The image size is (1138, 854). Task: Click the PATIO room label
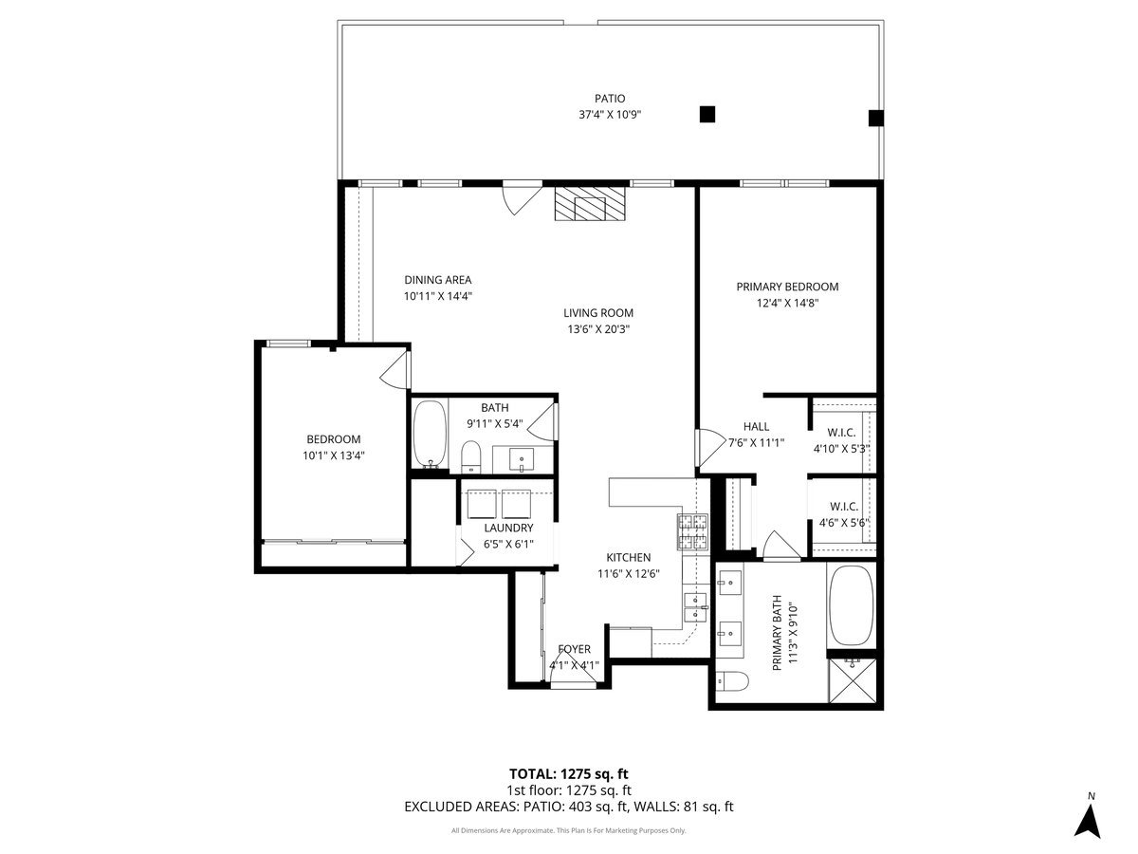(x=610, y=98)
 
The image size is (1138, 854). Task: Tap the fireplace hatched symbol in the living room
(x=592, y=203)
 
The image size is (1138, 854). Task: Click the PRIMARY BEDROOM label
(x=787, y=287)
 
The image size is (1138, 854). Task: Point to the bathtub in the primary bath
(x=852, y=606)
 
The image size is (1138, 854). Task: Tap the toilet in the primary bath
(x=732, y=681)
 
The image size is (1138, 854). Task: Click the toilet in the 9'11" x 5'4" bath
(x=471, y=457)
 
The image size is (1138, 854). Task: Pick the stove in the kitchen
(x=691, y=531)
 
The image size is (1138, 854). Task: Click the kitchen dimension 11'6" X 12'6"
(x=629, y=573)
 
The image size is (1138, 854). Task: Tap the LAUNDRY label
(x=508, y=528)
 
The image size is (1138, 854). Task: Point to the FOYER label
(x=575, y=649)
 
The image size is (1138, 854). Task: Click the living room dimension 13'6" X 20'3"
(x=597, y=329)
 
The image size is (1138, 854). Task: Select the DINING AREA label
(x=437, y=280)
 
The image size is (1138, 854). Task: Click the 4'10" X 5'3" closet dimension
(x=842, y=449)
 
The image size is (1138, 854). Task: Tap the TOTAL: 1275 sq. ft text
(x=569, y=773)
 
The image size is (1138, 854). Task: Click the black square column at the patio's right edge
(x=876, y=119)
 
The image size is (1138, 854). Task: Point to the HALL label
(x=756, y=426)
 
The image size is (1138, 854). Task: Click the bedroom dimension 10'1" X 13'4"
(x=333, y=455)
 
